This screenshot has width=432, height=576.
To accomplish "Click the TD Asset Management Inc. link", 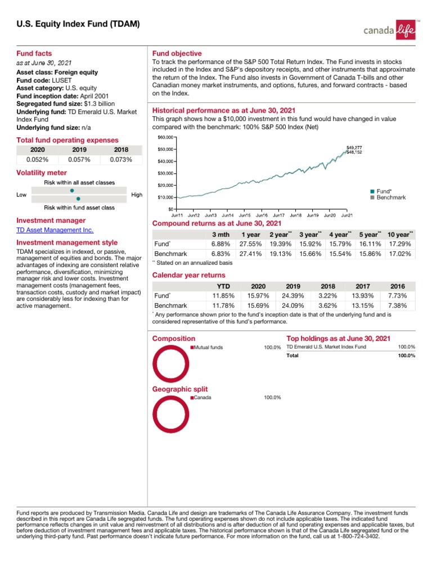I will tap(55, 230).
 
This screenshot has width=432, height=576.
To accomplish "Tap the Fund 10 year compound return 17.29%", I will tap(399, 244).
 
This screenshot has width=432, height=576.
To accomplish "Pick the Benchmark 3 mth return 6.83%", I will tap(221, 254).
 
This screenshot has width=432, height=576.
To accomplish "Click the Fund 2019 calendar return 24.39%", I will tap(293, 295).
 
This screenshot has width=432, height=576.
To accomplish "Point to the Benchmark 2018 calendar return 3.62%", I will tap(327, 305).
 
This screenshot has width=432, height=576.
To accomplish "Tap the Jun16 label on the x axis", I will tap(262, 215).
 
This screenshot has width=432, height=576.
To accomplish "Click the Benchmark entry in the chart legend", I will tap(391, 197).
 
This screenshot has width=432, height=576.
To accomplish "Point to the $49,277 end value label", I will tap(354, 147).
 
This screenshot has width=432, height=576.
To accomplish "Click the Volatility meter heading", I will tap(42, 173).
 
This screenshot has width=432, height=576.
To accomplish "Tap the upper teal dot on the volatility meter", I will tap(72, 191).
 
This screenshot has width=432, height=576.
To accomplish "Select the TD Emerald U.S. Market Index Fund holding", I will tap(326, 347).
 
